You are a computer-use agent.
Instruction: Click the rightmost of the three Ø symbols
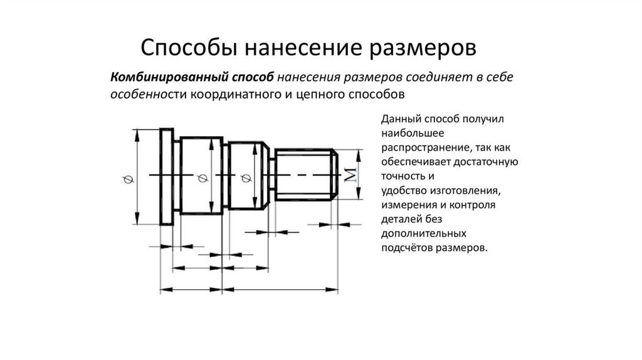245,179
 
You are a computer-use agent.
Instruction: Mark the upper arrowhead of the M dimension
359,152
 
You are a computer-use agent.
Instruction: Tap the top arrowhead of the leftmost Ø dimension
137,132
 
